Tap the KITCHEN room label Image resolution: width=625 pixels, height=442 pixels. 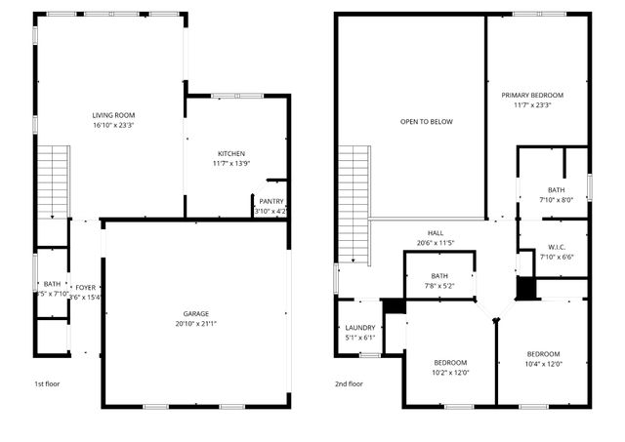230,154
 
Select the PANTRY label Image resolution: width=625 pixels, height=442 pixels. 271,201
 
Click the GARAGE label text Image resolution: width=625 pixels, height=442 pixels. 196,313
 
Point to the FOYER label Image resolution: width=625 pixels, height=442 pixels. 87,288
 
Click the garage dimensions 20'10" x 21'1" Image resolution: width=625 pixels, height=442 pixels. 196,324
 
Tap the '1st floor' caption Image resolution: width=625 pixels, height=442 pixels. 47,383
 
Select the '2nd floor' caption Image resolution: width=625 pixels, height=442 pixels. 348,383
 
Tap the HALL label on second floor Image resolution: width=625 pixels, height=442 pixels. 436,233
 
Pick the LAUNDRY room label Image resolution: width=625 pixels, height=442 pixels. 359,328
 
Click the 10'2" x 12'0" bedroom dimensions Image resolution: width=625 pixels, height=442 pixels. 450,372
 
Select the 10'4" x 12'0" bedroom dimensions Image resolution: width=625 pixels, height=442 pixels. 543,363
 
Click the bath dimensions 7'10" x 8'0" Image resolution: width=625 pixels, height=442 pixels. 556,200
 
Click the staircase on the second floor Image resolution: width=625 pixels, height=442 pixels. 353,205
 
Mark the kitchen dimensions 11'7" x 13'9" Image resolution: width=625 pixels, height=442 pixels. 230,164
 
